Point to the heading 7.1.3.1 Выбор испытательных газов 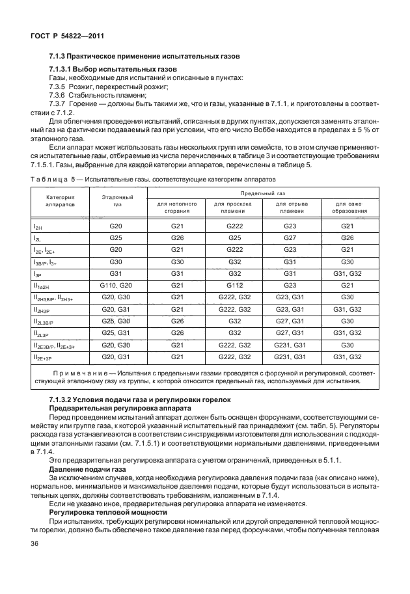tap(113, 70)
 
